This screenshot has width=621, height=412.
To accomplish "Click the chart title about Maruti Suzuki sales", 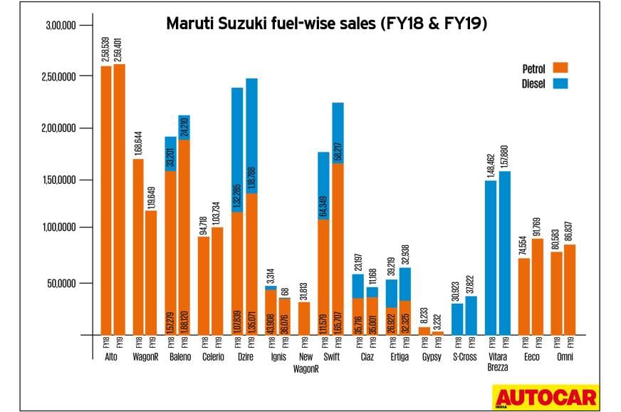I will click(x=326, y=24).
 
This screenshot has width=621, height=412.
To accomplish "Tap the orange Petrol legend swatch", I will click(x=560, y=68).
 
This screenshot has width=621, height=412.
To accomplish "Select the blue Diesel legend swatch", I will click(x=560, y=83).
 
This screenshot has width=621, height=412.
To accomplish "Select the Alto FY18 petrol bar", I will click(x=106, y=200).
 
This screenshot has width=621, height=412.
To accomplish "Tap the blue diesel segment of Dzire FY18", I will click(x=236, y=150).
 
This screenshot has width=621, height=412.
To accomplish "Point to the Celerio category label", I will click(x=212, y=356).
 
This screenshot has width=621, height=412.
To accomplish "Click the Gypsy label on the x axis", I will click(x=431, y=356).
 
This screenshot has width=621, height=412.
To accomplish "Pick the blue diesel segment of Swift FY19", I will click(x=337, y=133).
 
